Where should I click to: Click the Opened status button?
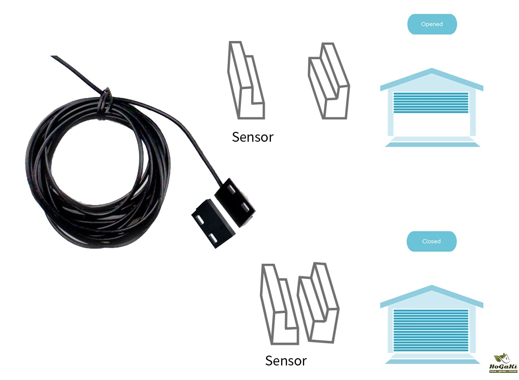click(x=432, y=24)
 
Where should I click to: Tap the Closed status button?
click(x=431, y=241)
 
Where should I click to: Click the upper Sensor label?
click(x=252, y=137)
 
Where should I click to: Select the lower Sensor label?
click(x=285, y=361)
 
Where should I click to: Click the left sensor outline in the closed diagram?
click(x=279, y=306)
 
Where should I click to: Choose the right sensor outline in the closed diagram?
click(x=318, y=304)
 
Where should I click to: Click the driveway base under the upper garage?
click(x=431, y=142)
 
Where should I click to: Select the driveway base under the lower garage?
click(x=431, y=359)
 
